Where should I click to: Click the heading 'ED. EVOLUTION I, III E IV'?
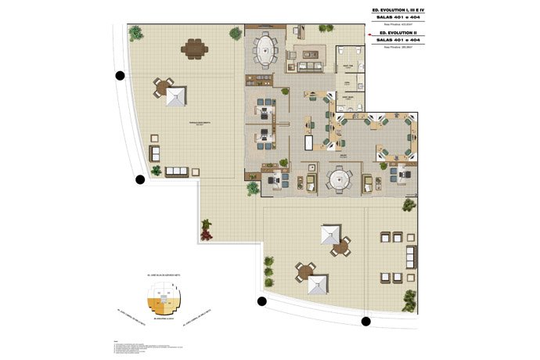click(398, 10)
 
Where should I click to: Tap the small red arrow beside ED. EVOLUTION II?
click(367, 34)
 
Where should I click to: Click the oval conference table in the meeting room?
click(265, 49)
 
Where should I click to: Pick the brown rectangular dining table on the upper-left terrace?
click(193, 49)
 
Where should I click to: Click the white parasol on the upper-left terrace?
click(177, 96)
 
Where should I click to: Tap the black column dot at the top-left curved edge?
click(120, 76)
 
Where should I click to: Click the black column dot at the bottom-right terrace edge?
click(365, 321)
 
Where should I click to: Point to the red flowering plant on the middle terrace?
click(207, 229)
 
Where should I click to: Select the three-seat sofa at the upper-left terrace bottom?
click(175, 171)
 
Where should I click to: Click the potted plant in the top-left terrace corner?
click(136, 33)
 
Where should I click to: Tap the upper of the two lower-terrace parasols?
click(329, 233)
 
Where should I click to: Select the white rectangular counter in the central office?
click(308, 143)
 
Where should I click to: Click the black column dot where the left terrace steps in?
click(140, 179)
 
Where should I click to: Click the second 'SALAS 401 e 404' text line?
click(398, 40)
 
